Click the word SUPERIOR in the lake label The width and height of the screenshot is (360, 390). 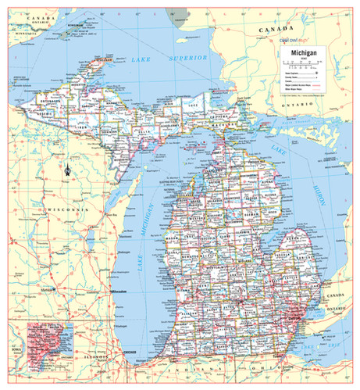coord(191,58)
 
